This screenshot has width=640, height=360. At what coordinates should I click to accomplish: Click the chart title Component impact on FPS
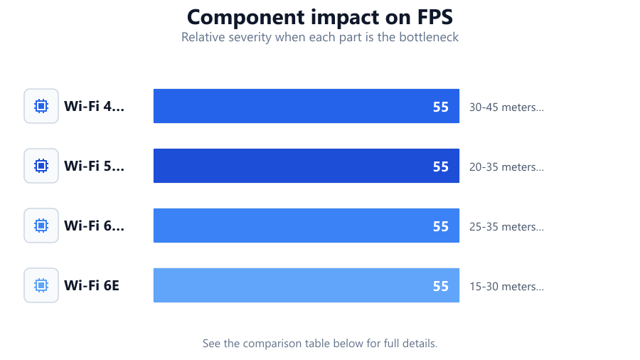point(320,17)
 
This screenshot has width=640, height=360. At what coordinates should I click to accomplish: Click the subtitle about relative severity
point(320,37)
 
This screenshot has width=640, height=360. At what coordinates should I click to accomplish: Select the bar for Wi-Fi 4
point(306,106)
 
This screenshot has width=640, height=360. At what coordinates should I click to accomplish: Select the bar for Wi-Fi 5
point(306,166)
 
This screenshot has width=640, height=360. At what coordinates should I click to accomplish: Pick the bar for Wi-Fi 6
point(306,226)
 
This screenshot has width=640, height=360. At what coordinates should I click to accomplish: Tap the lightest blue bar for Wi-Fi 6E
point(306,285)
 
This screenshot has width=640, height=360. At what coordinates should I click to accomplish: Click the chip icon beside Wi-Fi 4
point(41,106)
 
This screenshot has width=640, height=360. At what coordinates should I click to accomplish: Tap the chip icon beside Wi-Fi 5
point(41,166)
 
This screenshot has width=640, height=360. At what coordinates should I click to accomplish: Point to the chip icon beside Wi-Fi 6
point(41,226)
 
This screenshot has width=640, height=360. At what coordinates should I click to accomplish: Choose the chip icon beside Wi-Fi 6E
point(41,285)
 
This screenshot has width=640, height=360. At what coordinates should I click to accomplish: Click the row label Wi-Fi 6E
point(92,285)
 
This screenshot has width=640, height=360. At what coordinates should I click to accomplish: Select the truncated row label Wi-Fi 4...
point(95,106)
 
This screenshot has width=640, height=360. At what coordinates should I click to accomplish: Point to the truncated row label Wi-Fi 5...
point(95,166)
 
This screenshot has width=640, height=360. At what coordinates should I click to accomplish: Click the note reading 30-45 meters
point(506,107)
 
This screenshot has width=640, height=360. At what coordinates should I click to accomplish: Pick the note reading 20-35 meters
point(506,167)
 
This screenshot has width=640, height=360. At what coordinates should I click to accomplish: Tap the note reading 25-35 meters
point(506,226)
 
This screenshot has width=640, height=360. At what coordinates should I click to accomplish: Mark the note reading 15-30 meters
point(506,286)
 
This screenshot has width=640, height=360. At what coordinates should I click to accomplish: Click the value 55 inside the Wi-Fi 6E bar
point(441,286)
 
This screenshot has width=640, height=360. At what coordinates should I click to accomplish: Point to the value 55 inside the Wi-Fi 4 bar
point(441,107)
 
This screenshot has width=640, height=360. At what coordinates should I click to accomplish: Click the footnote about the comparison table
point(320,343)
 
